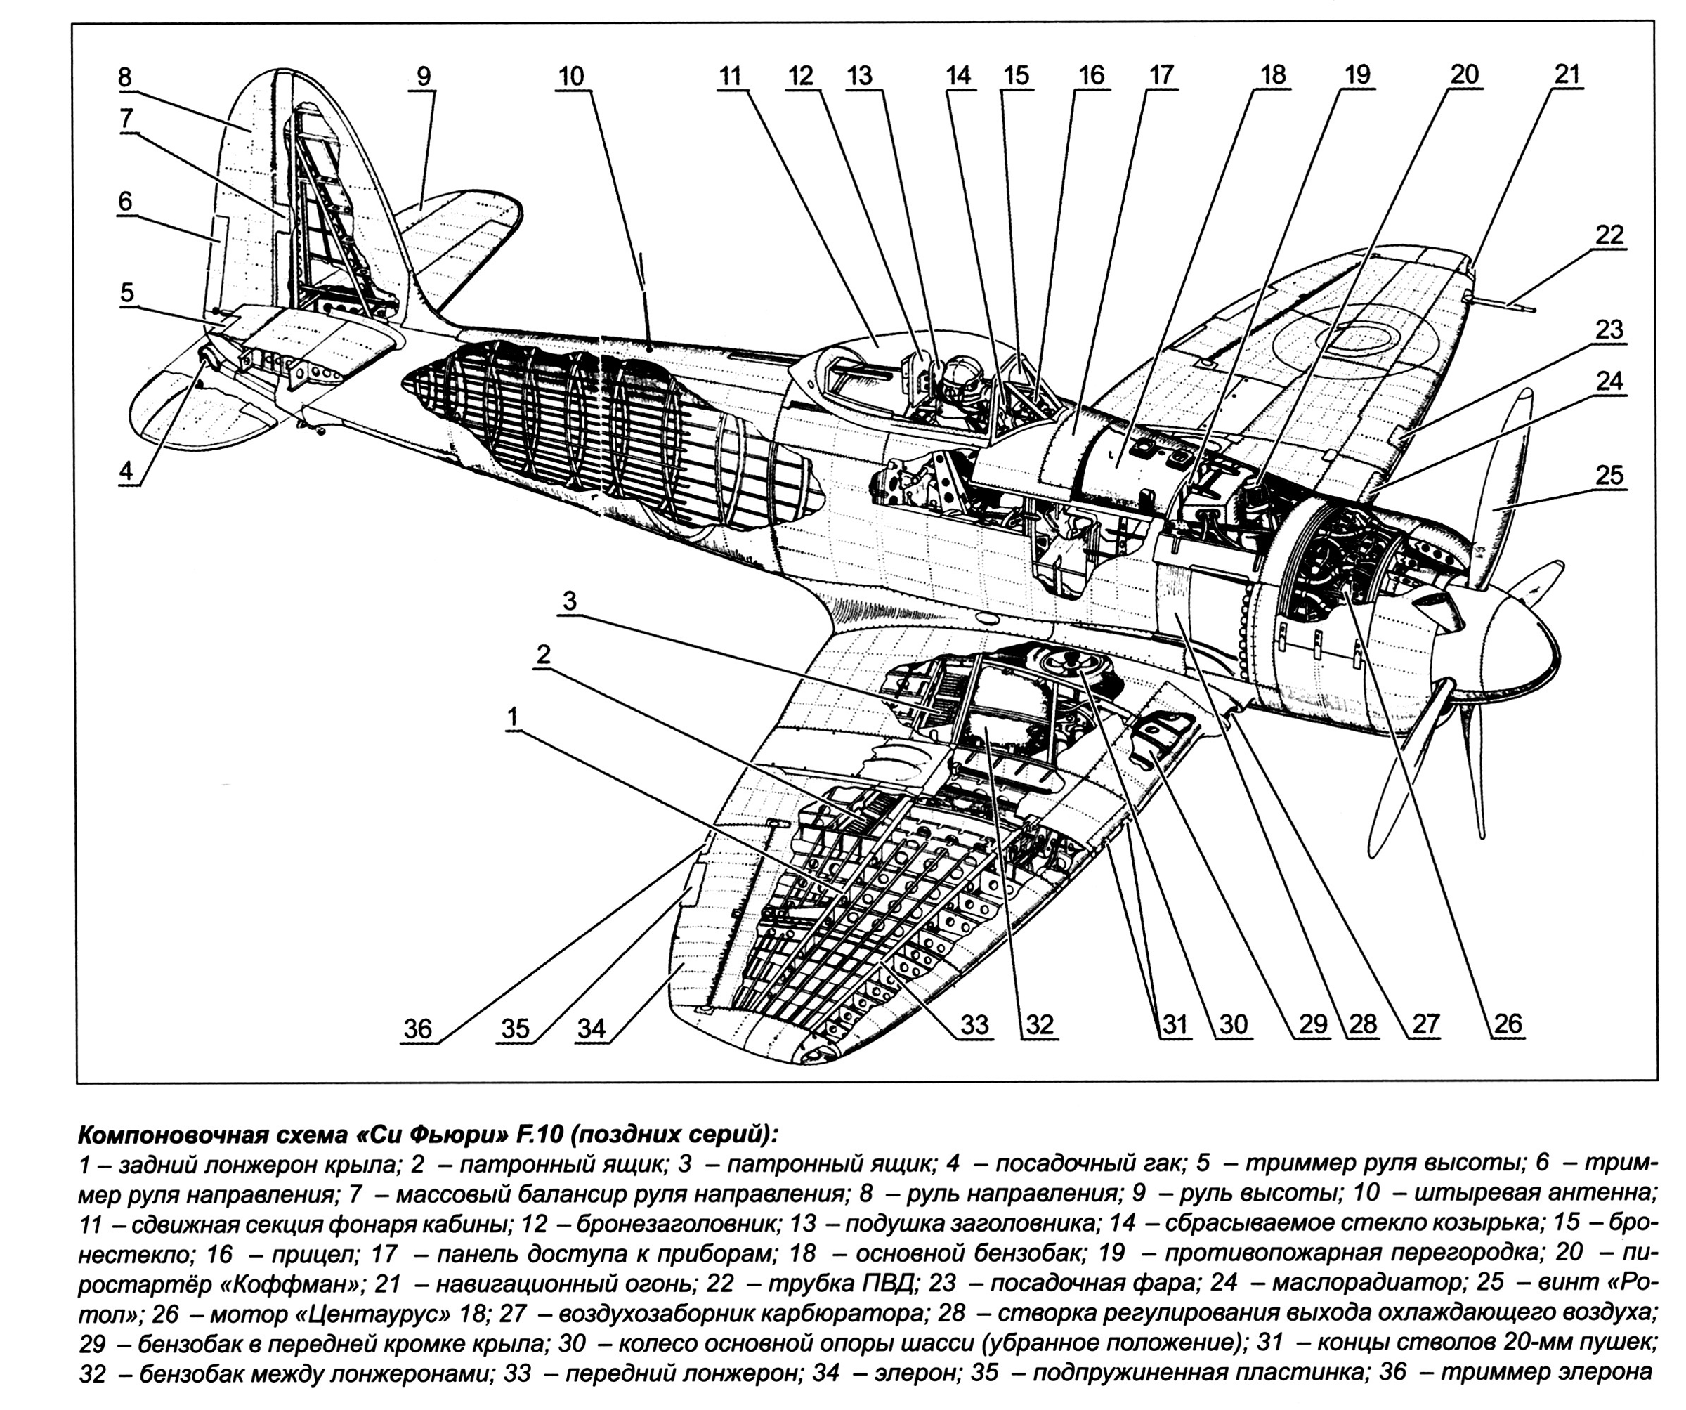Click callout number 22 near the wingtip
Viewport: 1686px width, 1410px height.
tap(1609, 235)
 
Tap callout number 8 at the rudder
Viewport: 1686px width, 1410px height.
tap(124, 78)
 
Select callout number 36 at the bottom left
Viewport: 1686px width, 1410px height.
tap(417, 1028)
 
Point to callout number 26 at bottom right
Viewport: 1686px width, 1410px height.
tap(1508, 1023)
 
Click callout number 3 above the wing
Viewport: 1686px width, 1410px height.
tap(569, 601)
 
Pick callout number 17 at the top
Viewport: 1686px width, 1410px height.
tap(1161, 74)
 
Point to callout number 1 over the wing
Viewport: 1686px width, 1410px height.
tap(512, 718)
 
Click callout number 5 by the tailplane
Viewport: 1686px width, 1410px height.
tap(127, 292)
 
